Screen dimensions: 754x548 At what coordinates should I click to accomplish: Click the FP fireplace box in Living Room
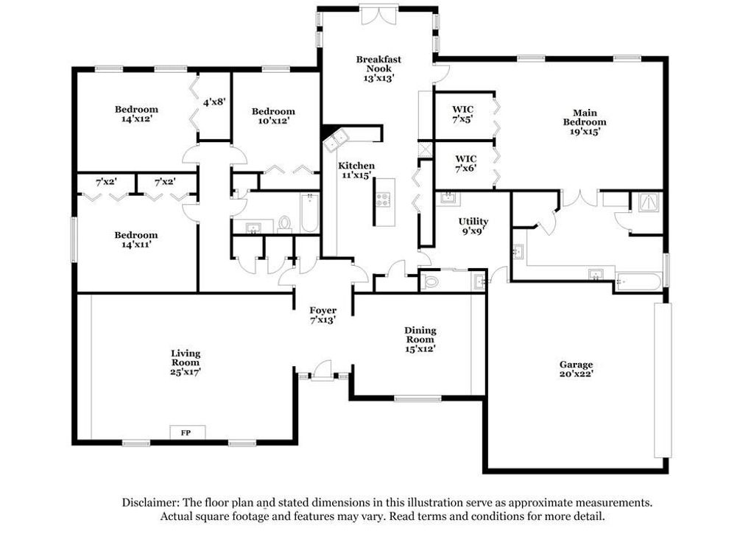[x=188, y=432]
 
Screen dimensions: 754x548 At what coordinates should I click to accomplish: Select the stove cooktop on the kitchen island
[x=383, y=199]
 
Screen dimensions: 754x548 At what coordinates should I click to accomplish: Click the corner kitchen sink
[x=336, y=140]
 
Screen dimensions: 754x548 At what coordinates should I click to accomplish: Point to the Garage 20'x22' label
[x=576, y=369]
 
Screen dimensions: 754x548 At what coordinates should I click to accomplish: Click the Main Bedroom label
[x=585, y=122]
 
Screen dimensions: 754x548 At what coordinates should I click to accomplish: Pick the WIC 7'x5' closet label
[x=462, y=114]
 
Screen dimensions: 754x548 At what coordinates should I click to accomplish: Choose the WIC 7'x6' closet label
[x=465, y=163]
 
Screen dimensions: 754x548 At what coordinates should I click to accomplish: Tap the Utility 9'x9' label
[x=473, y=225]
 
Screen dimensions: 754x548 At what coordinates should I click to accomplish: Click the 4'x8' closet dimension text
[x=214, y=102]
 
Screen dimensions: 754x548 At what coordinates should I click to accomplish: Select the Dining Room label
[x=420, y=340]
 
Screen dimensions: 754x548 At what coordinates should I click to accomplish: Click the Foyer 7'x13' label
[x=323, y=315]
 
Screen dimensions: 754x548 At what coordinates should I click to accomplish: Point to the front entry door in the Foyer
[x=322, y=371]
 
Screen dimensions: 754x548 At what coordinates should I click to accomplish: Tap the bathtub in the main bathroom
[x=639, y=281]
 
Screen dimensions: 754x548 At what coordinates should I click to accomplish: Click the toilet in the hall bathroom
[x=285, y=224]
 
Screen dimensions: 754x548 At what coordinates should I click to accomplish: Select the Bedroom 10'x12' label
[x=273, y=116]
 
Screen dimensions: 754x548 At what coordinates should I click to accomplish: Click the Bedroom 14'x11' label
[x=136, y=239]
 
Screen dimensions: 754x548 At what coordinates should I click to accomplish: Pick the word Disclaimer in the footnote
[x=150, y=503]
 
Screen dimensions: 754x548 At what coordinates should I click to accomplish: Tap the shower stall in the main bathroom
[x=651, y=202]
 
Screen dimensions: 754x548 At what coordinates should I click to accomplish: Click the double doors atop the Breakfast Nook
[x=380, y=15]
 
